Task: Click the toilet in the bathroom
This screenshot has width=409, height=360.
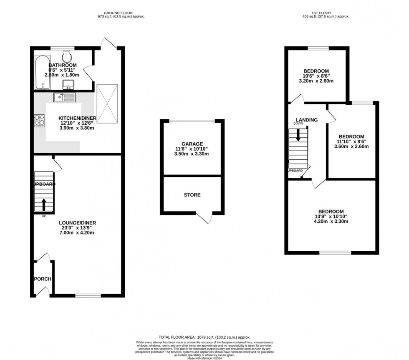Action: point(66,56)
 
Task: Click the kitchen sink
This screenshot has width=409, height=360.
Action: point(63,98)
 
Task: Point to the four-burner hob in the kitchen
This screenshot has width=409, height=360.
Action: point(40,120)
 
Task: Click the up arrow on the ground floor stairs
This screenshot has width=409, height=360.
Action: point(44,204)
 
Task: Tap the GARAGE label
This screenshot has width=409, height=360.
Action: point(192,143)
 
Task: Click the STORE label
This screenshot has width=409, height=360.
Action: point(192,195)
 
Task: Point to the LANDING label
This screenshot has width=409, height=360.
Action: point(307,120)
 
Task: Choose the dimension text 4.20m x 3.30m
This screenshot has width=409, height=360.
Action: point(331,222)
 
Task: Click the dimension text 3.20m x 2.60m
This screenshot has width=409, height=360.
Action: point(316,81)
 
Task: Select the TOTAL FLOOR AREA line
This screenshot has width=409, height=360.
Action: point(204,337)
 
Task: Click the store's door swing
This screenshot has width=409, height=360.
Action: point(205,217)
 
